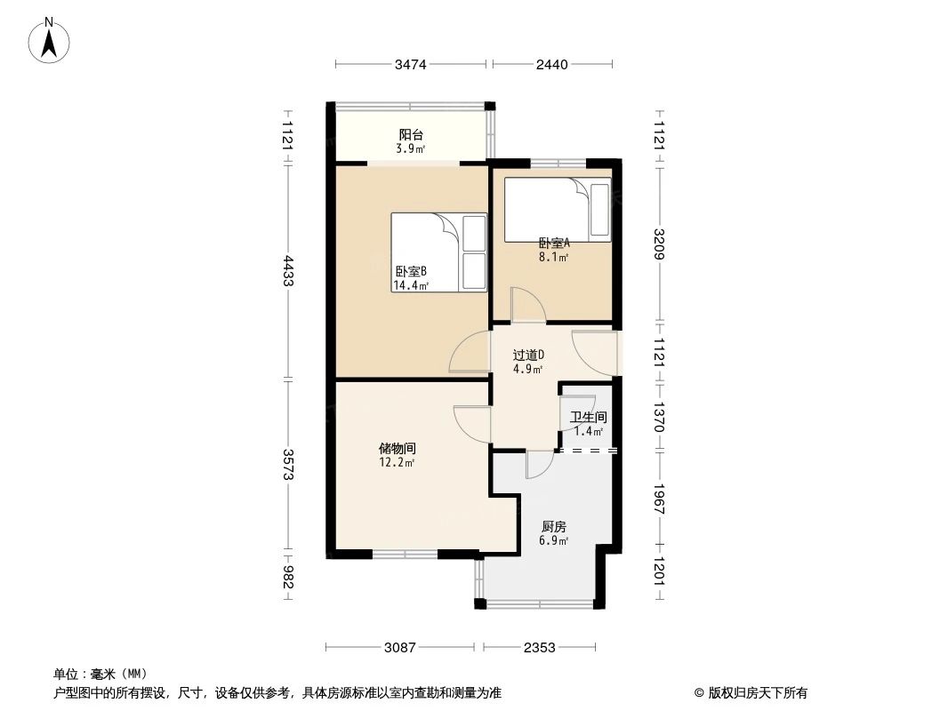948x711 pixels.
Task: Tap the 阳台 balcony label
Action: click(411, 140)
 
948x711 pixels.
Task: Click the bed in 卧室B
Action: click(439, 252)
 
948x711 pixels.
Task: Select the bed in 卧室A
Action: click(558, 210)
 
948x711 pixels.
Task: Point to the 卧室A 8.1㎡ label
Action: click(553, 249)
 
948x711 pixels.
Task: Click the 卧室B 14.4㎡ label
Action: click(410, 278)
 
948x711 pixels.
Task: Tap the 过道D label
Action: click(528, 361)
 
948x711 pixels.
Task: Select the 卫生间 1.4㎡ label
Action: click(589, 423)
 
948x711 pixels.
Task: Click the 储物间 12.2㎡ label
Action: click(398, 455)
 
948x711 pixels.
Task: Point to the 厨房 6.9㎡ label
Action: click(553, 532)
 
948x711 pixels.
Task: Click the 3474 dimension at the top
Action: click(411, 64)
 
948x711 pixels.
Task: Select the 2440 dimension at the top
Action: click(551, 64)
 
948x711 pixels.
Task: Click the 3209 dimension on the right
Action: click(659, 244)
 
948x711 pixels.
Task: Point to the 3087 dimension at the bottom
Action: click(401, 648)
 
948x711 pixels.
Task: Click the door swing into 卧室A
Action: click(528, 308)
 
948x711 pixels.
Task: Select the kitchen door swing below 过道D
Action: click(539, 463)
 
